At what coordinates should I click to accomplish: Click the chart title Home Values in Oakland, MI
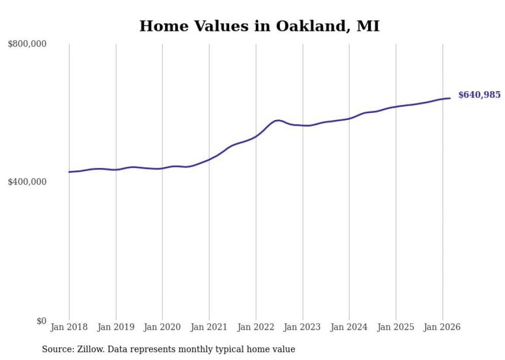click(x=259, y=26)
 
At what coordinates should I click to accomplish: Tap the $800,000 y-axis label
click(x=27, y=44)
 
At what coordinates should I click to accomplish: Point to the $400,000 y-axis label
click(x=27, y=182)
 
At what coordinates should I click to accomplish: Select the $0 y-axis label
click(x=41, y=321)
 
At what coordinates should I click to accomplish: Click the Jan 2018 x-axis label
click(x=69, y=327)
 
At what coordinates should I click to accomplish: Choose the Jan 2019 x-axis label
click(x=116, y=327)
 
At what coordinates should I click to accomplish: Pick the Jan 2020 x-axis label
click(x=162, y=327)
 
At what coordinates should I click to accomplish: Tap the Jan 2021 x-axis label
click(x=209, y=327)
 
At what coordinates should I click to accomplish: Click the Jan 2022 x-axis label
click(x=256, y=327)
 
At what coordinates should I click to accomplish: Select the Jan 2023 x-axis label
click(x=302, y=327)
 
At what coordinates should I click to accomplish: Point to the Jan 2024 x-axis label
click(x=349, y=327)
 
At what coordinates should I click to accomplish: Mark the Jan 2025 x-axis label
click(x=396, y=327)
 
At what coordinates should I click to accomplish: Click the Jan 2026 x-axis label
click(x=442, y=327)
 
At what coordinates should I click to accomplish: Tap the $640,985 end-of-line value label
click(x=479, y=95)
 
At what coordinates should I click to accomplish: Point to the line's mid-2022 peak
click(x=278, y=120)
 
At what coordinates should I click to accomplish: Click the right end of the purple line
click(x=450, y=98)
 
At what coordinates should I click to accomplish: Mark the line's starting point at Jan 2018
click(x=69, y=172)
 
